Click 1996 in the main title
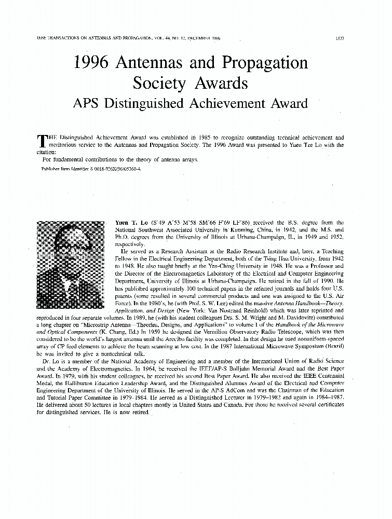[x=94, y=63]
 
